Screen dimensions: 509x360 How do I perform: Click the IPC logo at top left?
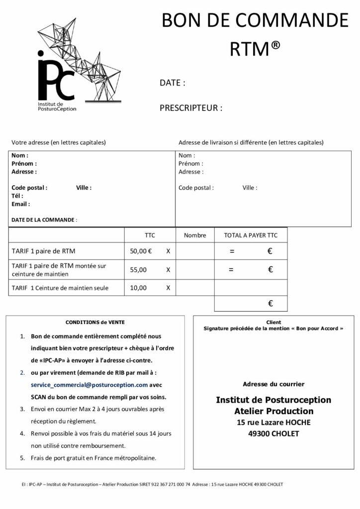(x=80, y=65)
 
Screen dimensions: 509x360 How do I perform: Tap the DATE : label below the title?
(x=173, y=83)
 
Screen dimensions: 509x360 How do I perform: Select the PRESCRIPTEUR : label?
(x=191, y=108)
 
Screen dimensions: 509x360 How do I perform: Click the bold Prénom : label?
(x=24, y=164)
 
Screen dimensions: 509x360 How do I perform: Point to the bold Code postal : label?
(x=29, y=188)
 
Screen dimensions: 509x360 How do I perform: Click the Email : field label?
(x=20, y=204)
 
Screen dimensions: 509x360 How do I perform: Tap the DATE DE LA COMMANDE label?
(x=43, y=220)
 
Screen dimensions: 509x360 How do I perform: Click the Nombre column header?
(x=195, y=235)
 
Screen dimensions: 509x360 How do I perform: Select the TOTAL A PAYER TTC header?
(x=251, y=235)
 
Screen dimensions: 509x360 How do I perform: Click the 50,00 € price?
(x=141, y=251)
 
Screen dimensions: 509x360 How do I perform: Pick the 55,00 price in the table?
(x=138, y=270)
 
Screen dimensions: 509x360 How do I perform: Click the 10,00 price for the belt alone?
(x=138, y=287)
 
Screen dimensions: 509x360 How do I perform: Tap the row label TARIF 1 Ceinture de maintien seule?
(x=60, y=287)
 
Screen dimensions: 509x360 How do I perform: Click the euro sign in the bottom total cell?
(x=270, y=303)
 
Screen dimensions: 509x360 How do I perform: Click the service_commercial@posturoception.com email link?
(x=89, y=385)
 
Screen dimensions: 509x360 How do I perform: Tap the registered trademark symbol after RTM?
(x=276, y=45)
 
